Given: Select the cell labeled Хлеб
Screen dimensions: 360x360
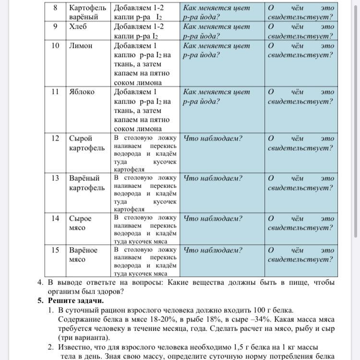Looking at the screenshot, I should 78,27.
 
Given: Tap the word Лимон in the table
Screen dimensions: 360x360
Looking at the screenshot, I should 80,46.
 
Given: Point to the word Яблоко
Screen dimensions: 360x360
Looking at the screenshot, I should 82,92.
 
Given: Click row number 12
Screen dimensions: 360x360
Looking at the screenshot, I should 55,138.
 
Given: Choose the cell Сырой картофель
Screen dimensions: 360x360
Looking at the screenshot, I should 86,143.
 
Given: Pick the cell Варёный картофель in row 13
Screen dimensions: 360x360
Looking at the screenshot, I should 86,183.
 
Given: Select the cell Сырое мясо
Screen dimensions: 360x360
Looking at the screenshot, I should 80,223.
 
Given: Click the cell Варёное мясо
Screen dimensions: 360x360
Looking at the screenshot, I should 83,255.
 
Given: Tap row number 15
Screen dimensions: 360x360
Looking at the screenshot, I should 55,250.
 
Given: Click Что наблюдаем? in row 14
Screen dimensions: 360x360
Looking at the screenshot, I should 213,218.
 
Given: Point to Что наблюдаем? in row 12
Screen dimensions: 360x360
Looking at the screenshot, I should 213,138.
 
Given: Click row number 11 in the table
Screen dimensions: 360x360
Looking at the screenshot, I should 55,92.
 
